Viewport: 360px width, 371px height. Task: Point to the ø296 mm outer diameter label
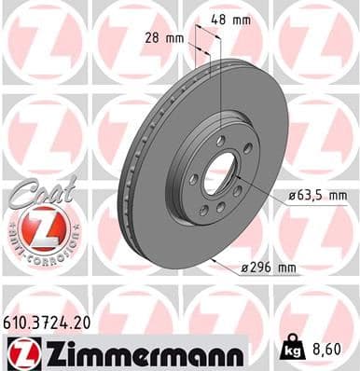click(x=268, y=268)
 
